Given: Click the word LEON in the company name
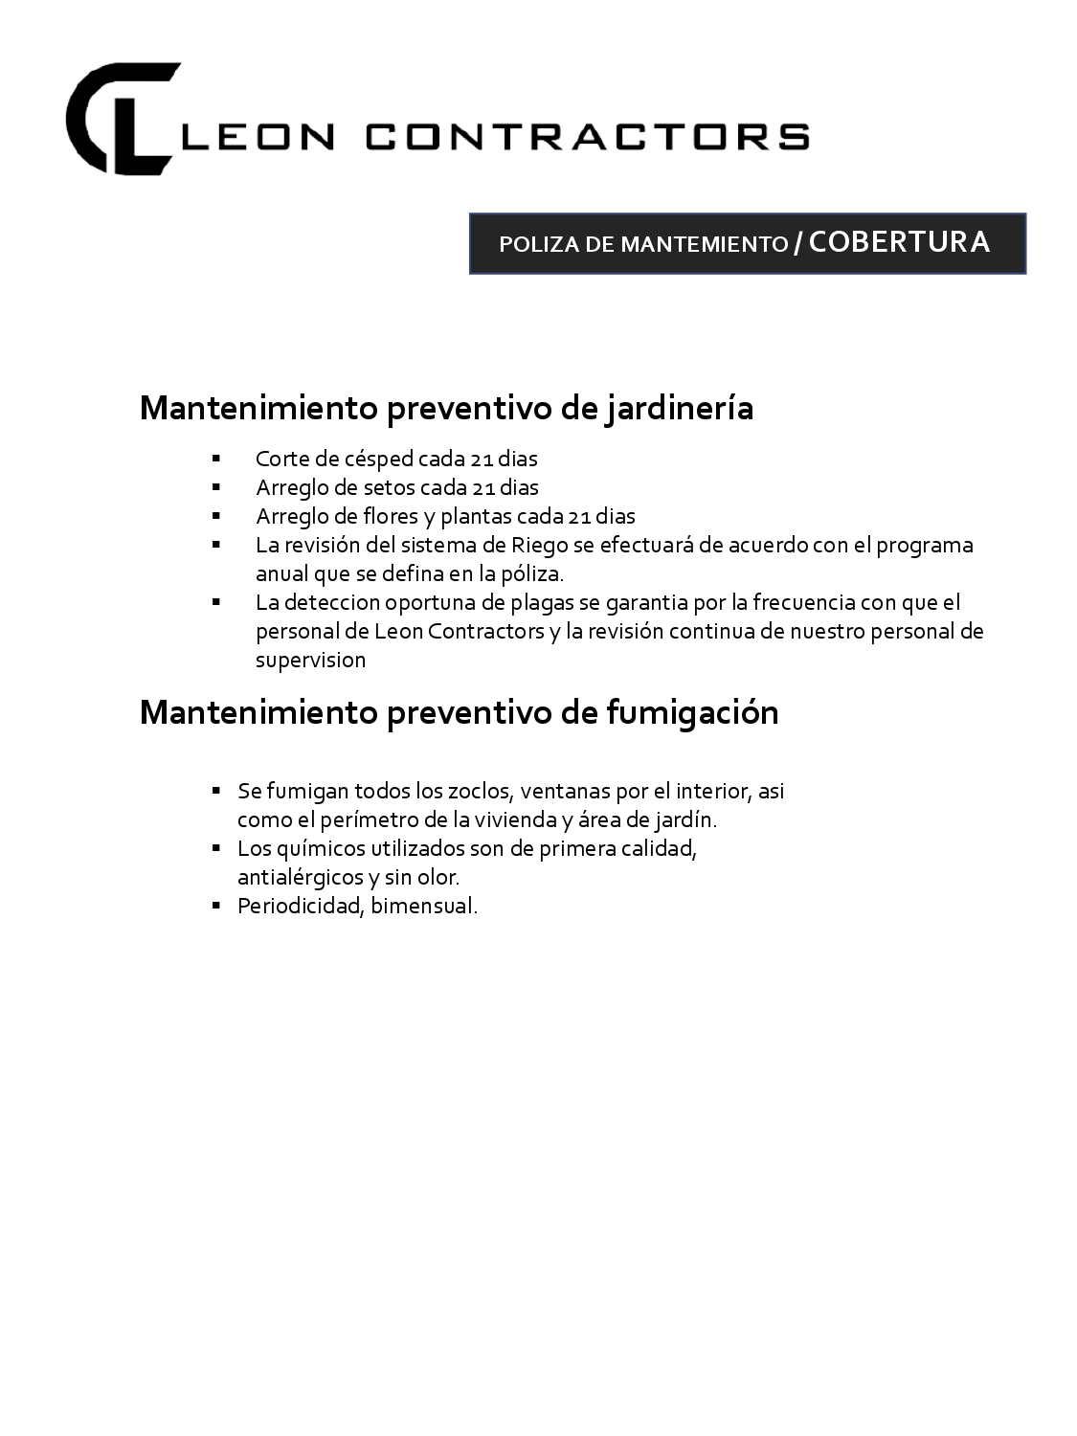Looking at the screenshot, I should pyautogui.click(x=257, y=137).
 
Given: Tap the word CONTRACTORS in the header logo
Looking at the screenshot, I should pyautogui.click(x=588, y=137).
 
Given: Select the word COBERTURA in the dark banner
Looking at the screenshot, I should pyautogui.click(x=899, y=242).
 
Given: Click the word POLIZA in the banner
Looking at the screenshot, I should pyautogui.click(x=539, y=244).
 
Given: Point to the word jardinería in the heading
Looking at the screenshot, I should pyautogui.click(x=680, y=408).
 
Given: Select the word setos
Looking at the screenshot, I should pyautogui.click(x=389, y=487).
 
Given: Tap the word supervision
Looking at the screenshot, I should pyautogui.click(x=310, y=660).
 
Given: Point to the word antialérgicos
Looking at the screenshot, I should pyautogui.click(x=301, y=878).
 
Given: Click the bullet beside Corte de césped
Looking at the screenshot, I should pyautogui.click(x=217, y=459).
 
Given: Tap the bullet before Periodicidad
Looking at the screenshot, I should pyautogui.click(x=217, y=906).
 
